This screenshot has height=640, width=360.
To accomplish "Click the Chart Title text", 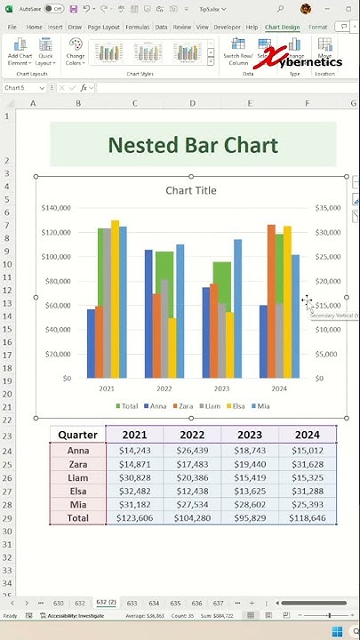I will click(191, 190).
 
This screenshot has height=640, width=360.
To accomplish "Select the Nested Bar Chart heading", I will click(193, 145).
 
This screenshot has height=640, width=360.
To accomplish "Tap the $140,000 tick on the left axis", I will click(55, 208).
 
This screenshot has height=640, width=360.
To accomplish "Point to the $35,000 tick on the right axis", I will click(326, 208).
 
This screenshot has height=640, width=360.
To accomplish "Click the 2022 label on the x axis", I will click(164, 388).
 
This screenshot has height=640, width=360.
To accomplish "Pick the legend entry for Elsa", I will click(236, 406).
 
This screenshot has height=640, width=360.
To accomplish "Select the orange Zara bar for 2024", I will click(271, 301).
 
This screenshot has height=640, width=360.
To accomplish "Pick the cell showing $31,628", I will click(307, 465).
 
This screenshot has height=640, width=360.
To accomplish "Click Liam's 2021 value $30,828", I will click(134, 478).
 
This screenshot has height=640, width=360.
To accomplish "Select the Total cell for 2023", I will click(249, 517).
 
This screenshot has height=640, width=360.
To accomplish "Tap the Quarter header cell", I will click(77, 435).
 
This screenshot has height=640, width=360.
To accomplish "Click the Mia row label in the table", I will click(77, 504).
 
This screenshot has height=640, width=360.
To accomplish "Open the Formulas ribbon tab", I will click(137, 28).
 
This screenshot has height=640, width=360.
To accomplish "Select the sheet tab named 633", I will click(132, 603).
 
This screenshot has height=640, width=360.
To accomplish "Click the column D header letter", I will click(192, 104).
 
